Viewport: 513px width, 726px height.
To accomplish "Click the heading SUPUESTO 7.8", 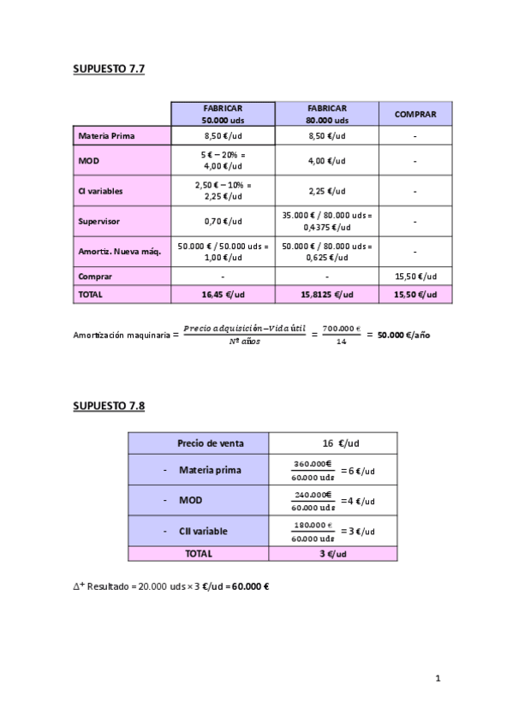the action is [x=109, y=406].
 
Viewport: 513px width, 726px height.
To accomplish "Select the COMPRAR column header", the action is [x=415, y=114].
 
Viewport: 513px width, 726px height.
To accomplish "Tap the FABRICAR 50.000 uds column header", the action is [x=223, y=114].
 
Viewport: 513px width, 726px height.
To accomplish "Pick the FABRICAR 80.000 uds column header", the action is [x=326, y=114].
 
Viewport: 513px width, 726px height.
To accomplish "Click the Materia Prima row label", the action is [x=106, y=136].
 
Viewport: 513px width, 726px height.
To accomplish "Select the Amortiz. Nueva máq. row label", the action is [x=113, y=251].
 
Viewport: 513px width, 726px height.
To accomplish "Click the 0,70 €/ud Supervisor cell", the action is [x=223, y=221].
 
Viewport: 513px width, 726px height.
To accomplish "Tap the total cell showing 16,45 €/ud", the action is [x=223, y=294].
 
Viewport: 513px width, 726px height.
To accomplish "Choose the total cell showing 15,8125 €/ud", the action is [x=326, y=294].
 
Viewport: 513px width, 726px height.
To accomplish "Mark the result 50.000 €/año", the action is [x=403, y=335].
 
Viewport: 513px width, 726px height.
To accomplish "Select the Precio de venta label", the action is [x=211, y=443].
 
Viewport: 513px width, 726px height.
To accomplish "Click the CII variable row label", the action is [x=204, y=532].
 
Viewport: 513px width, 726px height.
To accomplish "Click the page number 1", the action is [x=438, y=680].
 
